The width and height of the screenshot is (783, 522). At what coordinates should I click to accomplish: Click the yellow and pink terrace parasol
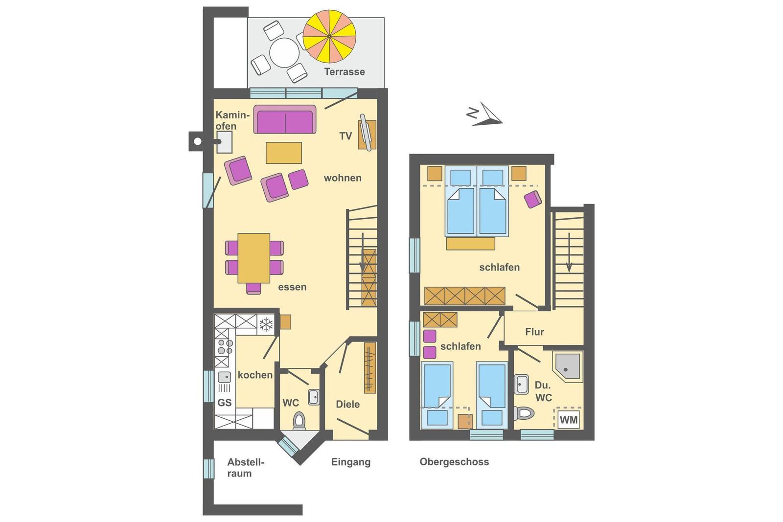point(329,36)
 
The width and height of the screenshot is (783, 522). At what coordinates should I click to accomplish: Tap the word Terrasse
point(345,71)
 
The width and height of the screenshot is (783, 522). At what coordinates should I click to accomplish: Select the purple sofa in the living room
point(285,119)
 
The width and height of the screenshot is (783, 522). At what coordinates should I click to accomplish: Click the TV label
point(345,136)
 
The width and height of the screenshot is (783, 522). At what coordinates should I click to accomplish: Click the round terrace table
point(284,53)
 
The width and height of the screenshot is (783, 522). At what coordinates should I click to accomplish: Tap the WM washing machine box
point(569,420)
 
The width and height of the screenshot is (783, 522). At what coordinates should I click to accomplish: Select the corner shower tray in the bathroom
point(567,366)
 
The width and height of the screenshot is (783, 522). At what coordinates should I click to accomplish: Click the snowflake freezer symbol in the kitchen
point(266,324)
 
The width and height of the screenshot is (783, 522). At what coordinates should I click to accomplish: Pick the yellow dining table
point(254,258)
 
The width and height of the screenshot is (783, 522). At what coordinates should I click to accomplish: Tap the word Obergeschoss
point(454,462)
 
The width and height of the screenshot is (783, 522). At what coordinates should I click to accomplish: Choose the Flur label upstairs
point(534,332)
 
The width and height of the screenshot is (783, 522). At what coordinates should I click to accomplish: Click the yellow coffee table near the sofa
point(284,153)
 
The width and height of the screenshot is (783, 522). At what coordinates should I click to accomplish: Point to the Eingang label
point(350,462)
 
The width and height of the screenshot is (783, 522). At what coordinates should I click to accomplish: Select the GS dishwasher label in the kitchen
point(225,403)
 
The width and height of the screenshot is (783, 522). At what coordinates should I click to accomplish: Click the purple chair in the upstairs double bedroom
point(533,199)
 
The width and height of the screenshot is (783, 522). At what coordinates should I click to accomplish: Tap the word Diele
point(348,404)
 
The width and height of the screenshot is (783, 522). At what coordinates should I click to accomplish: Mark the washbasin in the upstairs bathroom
point(521,384)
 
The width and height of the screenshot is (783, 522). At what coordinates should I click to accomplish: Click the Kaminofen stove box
point(225,142)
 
